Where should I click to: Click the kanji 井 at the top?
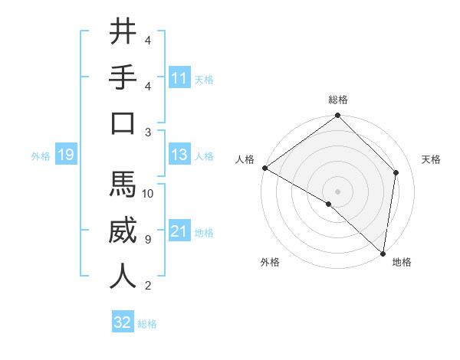coord(123,32)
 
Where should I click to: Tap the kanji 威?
coord(123,231)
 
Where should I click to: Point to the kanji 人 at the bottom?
coord(123,276)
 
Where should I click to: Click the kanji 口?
coord(123,123)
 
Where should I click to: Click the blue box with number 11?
coord(179,77)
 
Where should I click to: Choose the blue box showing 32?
coord(123,322)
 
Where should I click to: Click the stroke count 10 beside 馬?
coord(148,194)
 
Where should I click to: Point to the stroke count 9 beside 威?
coord(147,240)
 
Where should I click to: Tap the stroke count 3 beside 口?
coord(147,132)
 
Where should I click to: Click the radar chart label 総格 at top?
coord(338,100)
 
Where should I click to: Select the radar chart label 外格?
coord(270,262)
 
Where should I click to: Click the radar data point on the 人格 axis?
coord(264,168)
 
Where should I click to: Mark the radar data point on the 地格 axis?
coord(383,253)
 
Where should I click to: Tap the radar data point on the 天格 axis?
coord(396,172)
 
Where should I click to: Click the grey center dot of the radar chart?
coord(338,190)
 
